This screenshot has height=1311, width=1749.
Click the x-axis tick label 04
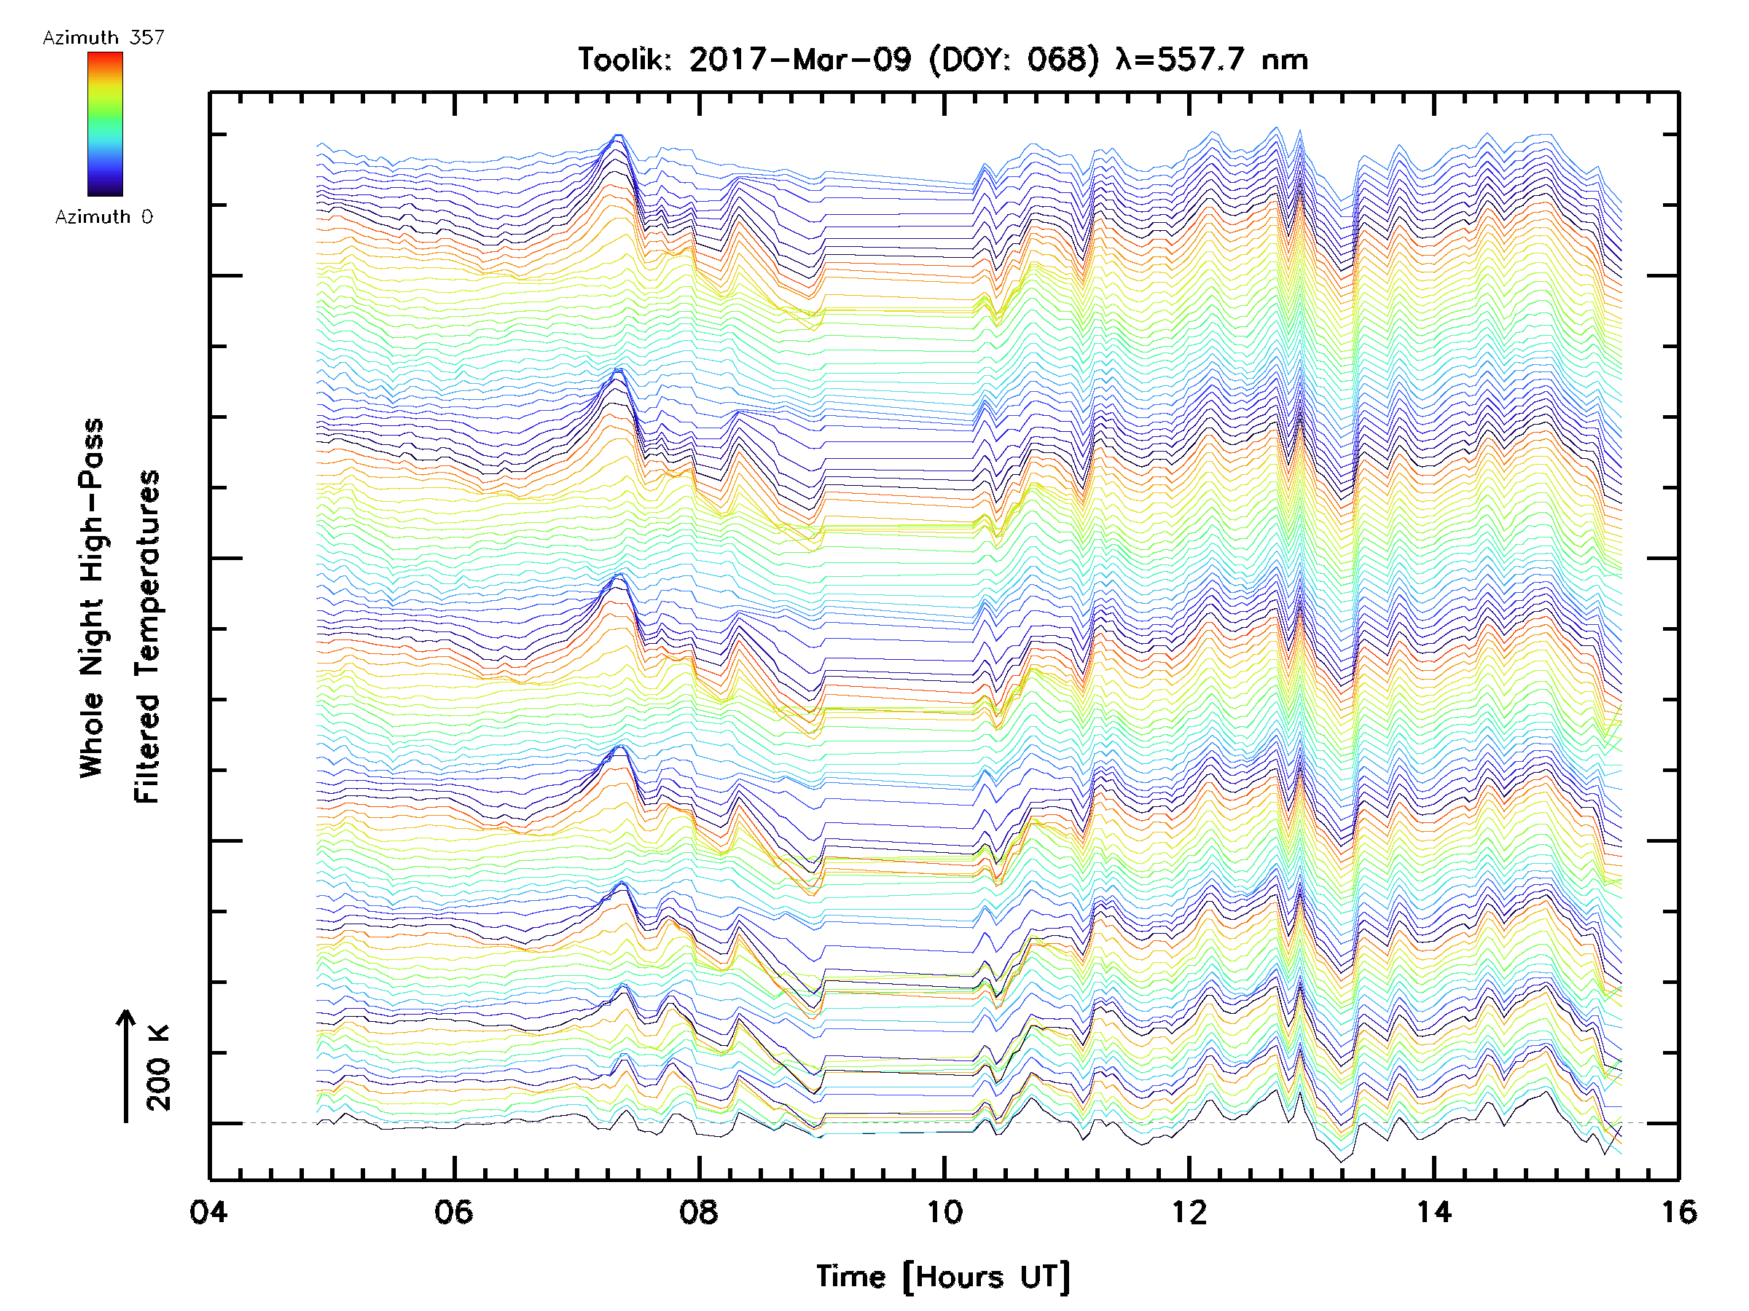208,1212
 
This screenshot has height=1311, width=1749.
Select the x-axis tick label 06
454,1212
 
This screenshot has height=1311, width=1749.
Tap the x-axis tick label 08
699,1212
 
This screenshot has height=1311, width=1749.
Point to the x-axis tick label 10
944,1212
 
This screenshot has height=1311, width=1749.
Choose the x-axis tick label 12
1189,1212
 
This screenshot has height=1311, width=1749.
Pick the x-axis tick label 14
1434,1212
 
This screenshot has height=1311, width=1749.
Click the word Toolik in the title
624,60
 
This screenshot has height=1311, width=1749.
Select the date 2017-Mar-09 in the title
800,60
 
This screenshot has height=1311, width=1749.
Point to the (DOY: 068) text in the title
1014,60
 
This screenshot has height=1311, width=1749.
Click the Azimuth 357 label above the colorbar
103,38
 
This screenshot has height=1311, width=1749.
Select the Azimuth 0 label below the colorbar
103,217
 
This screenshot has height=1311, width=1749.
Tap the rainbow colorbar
105,124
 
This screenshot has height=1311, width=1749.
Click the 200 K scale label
159,1068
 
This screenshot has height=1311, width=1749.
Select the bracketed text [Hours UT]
987,1277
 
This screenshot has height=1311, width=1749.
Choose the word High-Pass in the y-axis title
92,498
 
